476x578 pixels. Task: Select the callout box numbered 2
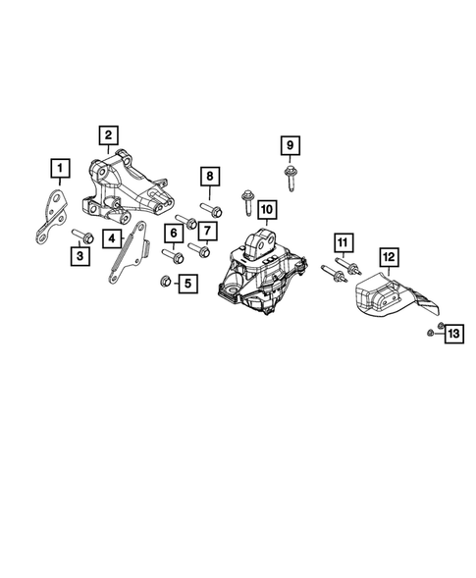(x=108, y=134)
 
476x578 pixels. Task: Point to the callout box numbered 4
(x=115, y=238)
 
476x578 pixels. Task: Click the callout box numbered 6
(x=174, y=233)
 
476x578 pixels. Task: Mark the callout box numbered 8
(x=208, y=178)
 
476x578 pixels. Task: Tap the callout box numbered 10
(x=266, y=209)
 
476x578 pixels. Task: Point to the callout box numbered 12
(x=389, y=258)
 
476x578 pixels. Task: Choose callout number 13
(x=452, y=336)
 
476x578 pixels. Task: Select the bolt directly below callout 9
(x=291, y=179)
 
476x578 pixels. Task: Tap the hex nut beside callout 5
(x=166, y=284)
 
